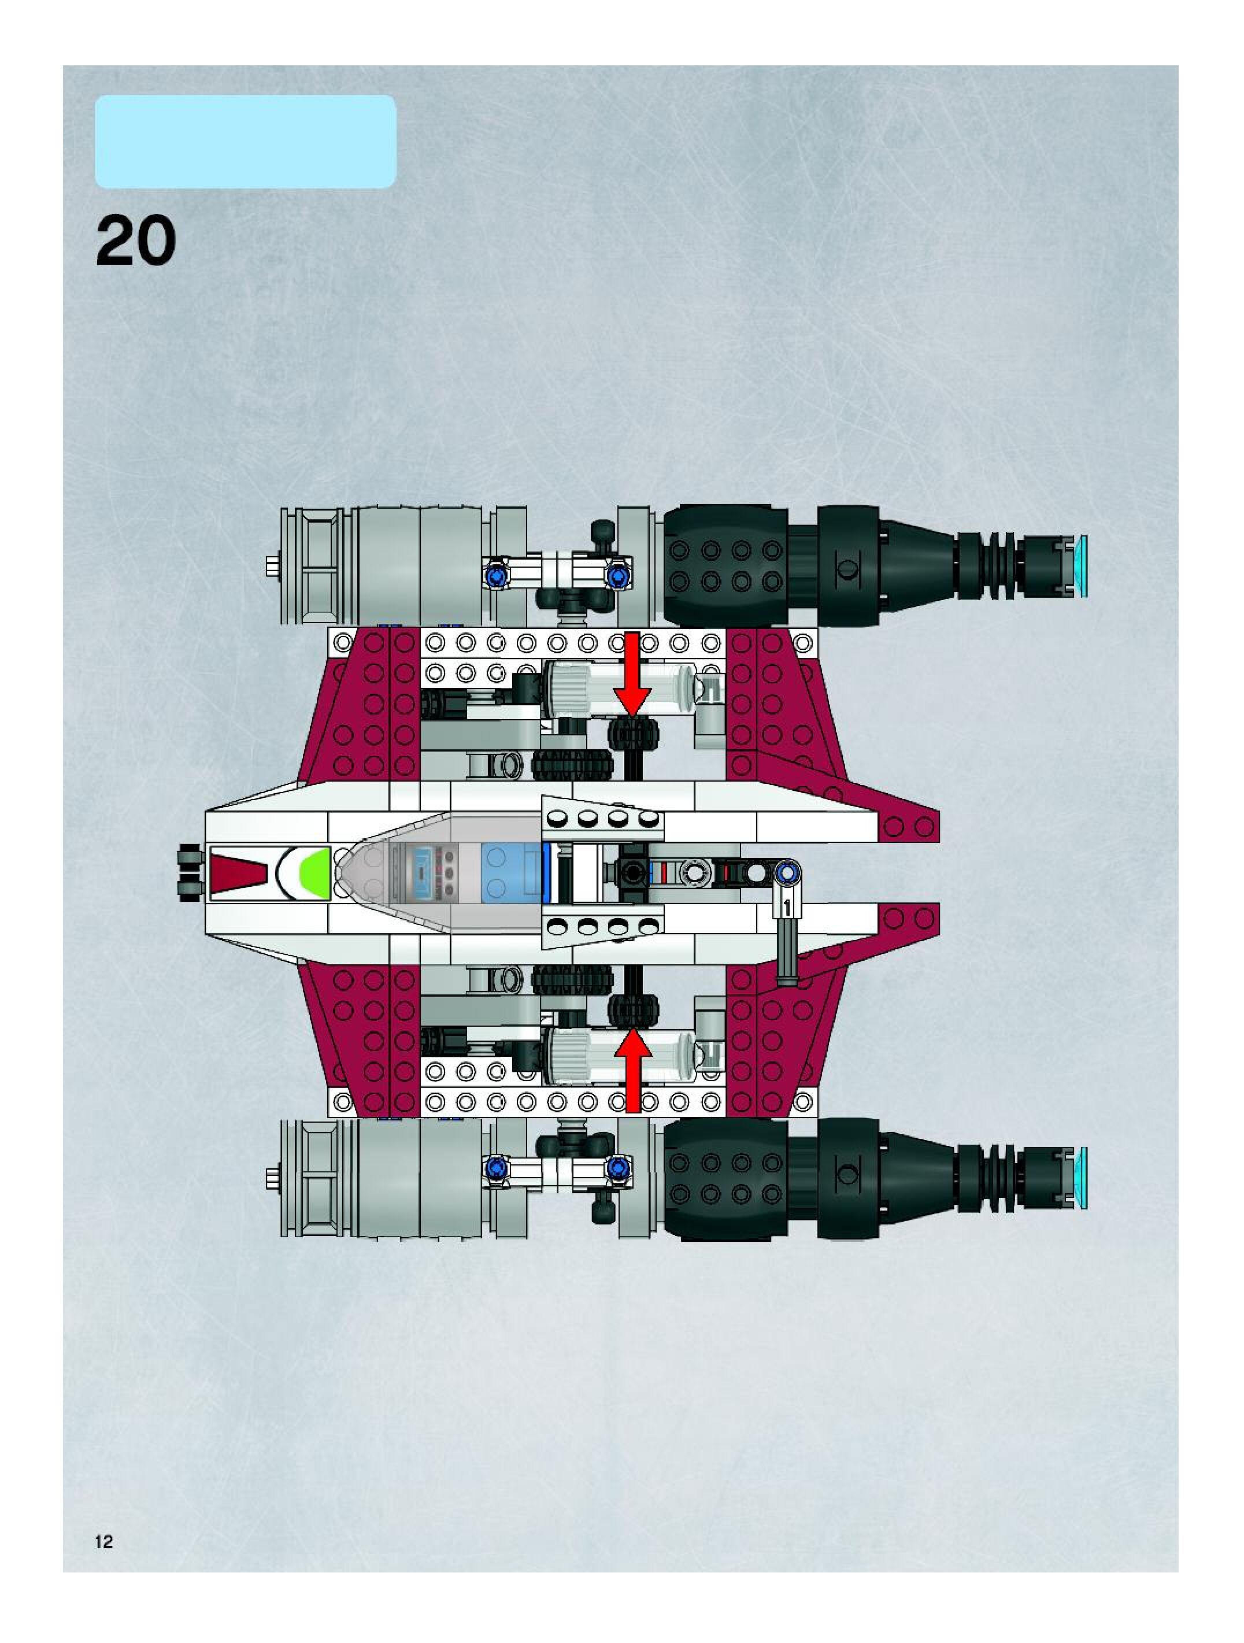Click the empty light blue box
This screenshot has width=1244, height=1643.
(x=245, y=141)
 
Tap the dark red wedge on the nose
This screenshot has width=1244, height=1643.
(x=239, y=873)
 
